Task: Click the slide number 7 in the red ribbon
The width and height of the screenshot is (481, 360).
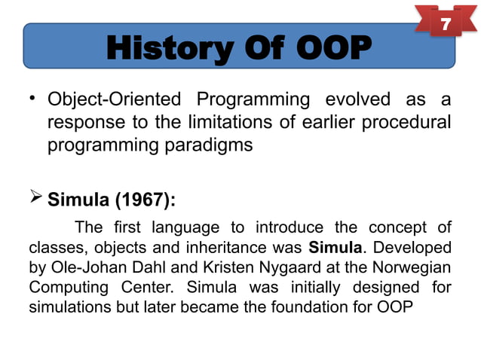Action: (446, 26)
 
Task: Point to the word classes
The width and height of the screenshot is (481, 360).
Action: (54, 247)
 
